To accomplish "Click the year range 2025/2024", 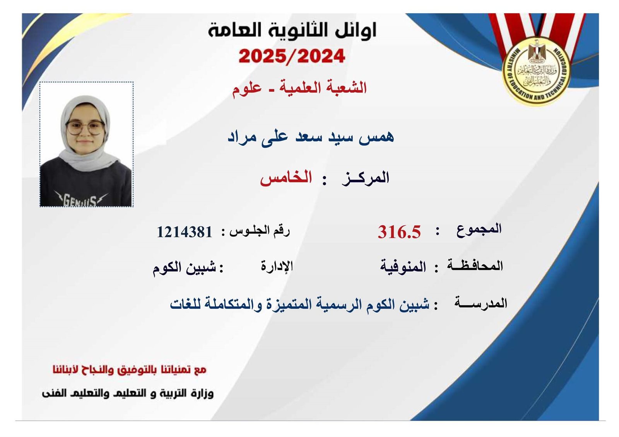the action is click(x=292, y=56).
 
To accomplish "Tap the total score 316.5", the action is click(x=399, y=232).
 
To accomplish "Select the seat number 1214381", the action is click(x=185, y=232).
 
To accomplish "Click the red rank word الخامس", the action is click(x=286, y=178).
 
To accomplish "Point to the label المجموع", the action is click(x=479, y=230).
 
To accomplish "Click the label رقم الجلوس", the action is click(x=260, y=231).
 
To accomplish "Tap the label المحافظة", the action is click(x=475, y=265).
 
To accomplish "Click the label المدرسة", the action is click(x=481, y=303).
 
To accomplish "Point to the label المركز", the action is click(x=365, y=178).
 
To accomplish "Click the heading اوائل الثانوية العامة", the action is click(x=292, y=31).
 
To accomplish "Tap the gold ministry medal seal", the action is click(x=537, y=72).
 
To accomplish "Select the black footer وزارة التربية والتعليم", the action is click(x=128, y=393).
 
